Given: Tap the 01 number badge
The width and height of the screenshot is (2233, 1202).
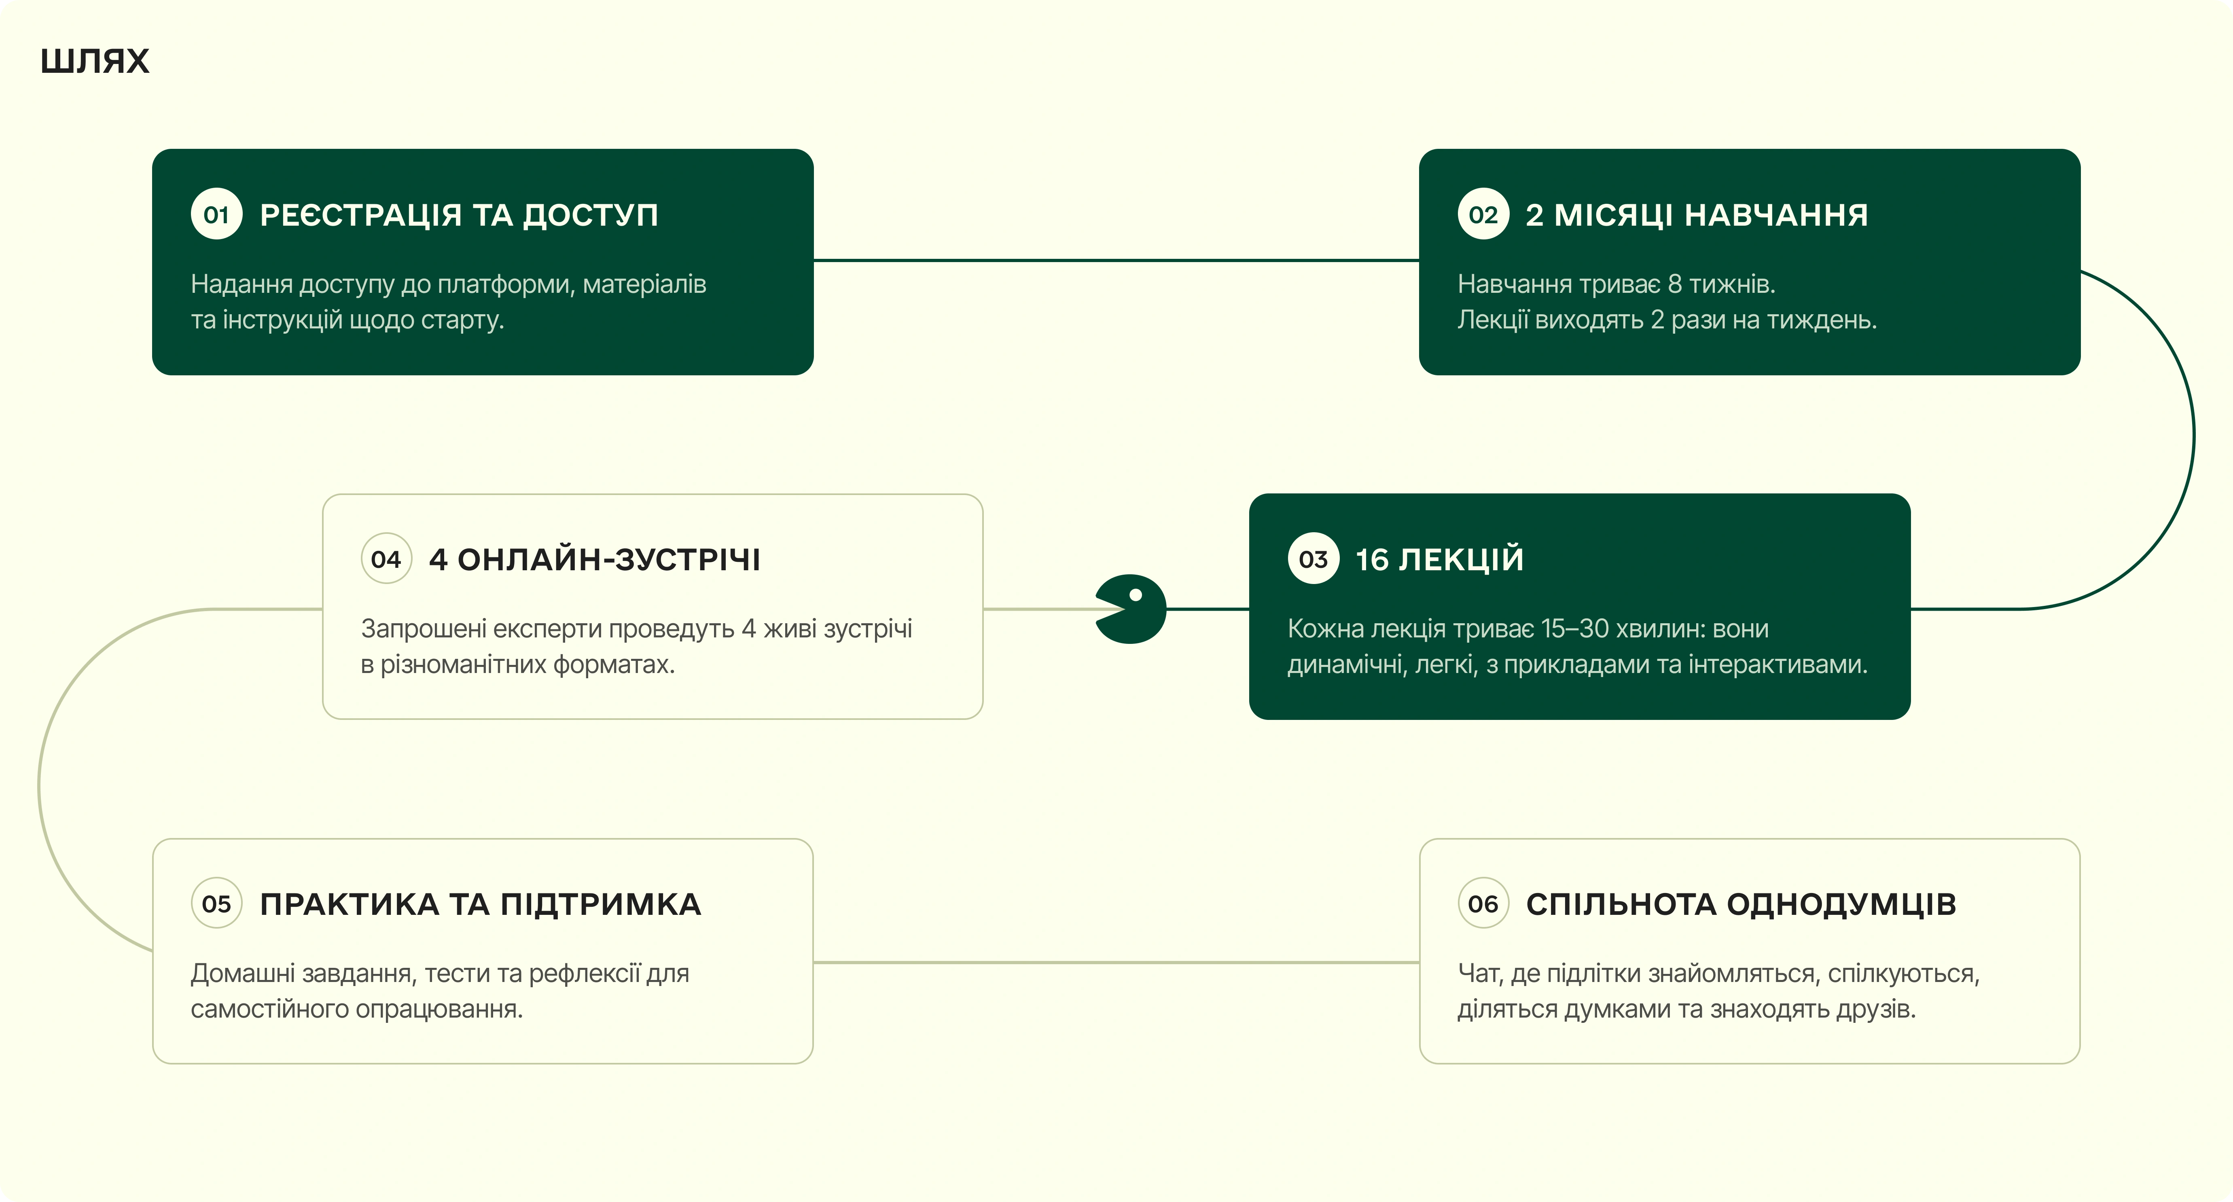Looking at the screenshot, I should (x=216, y=214).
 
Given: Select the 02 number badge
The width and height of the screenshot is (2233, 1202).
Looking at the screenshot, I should (x=1483, y=214).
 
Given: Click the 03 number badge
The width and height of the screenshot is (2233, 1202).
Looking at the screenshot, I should (x=1313, y=559).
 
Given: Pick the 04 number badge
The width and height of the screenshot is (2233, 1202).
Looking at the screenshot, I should (x=386, y=559).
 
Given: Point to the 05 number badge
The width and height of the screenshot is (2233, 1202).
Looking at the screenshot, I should (x=216, y=904).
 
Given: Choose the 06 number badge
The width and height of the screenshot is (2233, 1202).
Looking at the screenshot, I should (x=1483, y=904).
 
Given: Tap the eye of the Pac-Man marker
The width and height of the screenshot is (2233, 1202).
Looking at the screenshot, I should (x=1136, y=595).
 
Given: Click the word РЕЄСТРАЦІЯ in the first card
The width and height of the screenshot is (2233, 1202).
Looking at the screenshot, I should (x=360, y=215).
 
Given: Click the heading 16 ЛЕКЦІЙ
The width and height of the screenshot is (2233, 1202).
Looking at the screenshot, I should (x=1439, y=560).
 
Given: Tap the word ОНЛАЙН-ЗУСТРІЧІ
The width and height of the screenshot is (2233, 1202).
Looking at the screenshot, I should (x=608, y=560).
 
